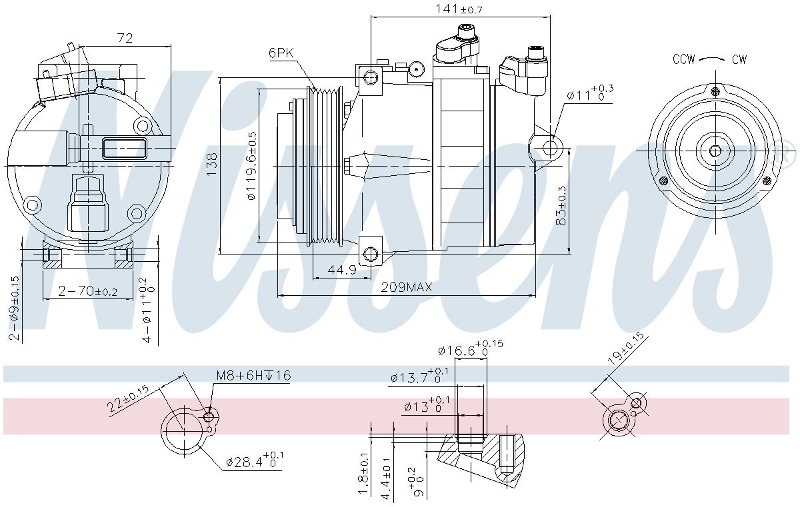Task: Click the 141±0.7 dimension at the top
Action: pyautogui.click(x=459, y=9)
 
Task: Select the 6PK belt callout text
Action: pyautogui.click(x=281, y=53)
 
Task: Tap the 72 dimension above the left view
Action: pyautogui.click(x=125, y=38)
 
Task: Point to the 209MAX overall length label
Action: pyautogui.click(x=407, y=287)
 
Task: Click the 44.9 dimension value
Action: pyautogui.click(x=342, y=270)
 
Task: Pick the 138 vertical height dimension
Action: pyautogui.click(x=212, y=164)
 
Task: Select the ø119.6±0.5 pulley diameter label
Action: pyautogui.click(x=252, y=165)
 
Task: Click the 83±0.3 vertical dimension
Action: pyautogui.click(x=561, y=206)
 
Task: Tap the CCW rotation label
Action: pyautogui.click(x=684, y=59)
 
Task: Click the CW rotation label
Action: pyautogui.click(x=739, y=59)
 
